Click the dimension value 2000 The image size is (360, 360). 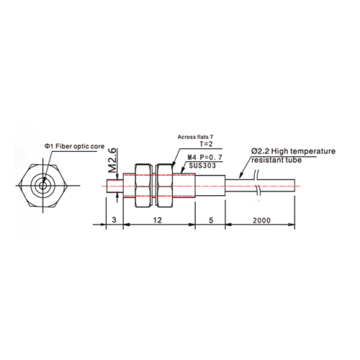coord(261,220)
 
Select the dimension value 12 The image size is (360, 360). coord(158,220)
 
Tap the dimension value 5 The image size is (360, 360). coord(211,220)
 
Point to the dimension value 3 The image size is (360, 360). coord(114,220)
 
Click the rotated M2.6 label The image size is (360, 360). coord(112,161)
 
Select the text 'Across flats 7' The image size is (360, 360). coord(195,137)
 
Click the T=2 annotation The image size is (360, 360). coord(206,144)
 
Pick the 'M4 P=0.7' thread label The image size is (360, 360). coord(204,158)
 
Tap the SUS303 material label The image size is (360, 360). coord(202,166)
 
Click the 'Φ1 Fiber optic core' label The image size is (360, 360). coord(74,146)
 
